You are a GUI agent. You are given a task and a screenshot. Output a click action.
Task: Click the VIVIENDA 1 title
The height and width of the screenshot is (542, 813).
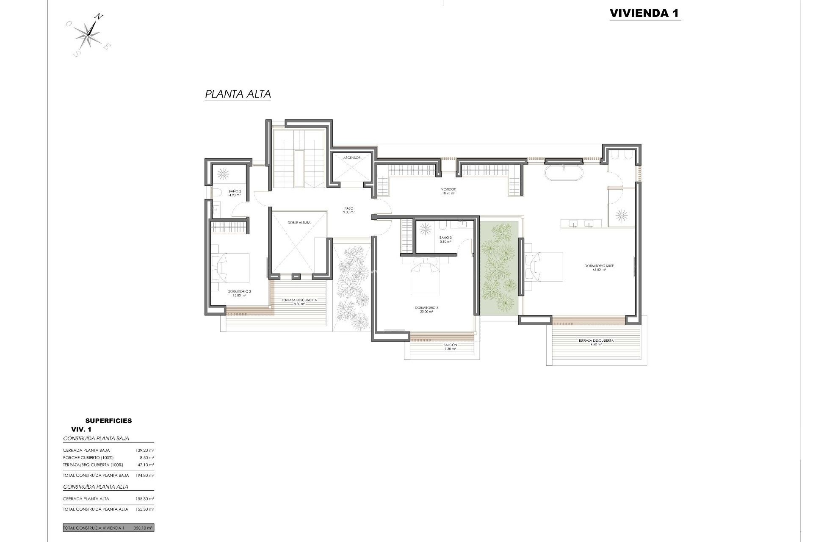pyautogui.click(x=644, y=13)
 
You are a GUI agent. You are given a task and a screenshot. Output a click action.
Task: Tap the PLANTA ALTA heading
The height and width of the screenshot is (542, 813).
pyautogui.click(x=238, y=94)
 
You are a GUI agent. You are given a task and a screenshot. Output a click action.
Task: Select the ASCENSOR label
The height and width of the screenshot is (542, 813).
pyautogui.click(x=352, y=158)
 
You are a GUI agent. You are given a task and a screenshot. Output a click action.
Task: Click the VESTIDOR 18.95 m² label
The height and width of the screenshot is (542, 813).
pyautogui.click(x=448, y=191)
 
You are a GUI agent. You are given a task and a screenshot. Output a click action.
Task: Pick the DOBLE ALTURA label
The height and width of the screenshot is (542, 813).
pyautogui.click(x=299, y=222)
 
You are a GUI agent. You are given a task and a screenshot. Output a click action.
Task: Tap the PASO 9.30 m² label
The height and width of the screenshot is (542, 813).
pyautogui.click(x=349, y=210)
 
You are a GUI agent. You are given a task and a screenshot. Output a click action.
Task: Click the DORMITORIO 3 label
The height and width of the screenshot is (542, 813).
pyautogui.click(x=426, y=310)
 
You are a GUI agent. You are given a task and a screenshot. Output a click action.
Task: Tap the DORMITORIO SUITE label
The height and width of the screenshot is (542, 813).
pyautogui.click(x=599, y=267)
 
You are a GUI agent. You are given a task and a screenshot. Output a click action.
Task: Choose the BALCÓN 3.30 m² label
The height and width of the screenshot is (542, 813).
pyautogui.click(x=450, y=346)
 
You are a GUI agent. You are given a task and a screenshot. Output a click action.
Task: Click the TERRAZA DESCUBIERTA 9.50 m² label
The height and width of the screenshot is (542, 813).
pyautogui.click(x=596, y=342)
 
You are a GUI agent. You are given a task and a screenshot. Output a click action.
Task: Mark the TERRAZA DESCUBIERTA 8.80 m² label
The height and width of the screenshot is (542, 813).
pyautogui.click(x=299, y=301)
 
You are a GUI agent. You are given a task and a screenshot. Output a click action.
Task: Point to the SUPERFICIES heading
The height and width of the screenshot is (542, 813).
pyautogui.click(x=108, y=420)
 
